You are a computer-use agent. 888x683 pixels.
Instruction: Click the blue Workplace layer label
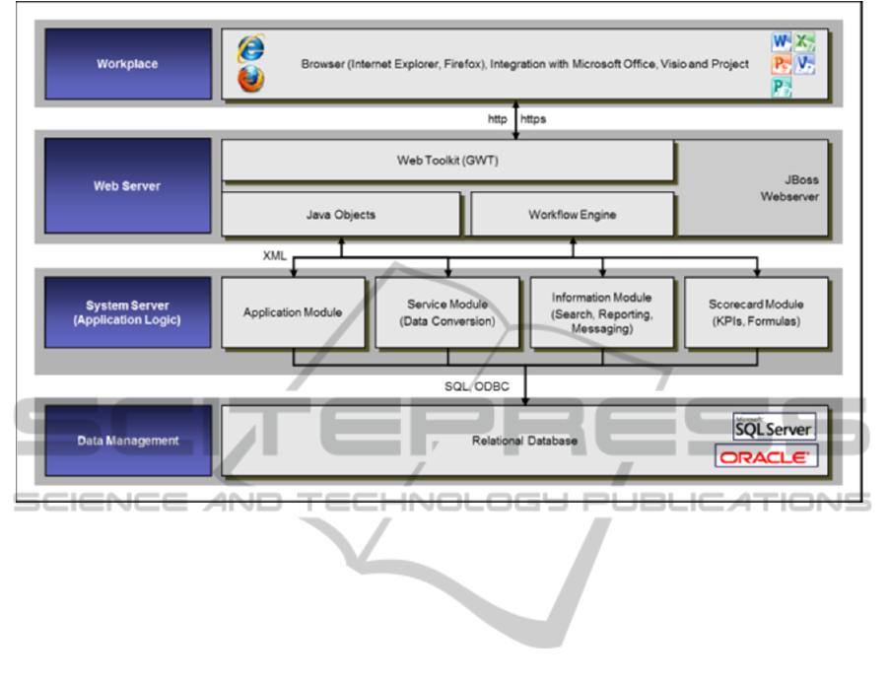click(x=127, y=64)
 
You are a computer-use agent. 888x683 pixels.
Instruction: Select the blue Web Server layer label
click(x=127, y=185)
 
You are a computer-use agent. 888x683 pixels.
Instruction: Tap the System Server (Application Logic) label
click(x=127, y=312)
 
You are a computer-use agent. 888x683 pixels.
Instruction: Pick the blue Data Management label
click(x=127, y=441)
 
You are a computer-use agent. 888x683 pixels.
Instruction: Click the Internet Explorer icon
click(x=251, y=47)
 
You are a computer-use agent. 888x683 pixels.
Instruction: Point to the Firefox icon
click(x=251, y=80)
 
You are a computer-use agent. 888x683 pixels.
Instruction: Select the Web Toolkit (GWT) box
click(x=447, y=160)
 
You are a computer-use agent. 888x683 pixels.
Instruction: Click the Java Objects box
click(x=340, y=214)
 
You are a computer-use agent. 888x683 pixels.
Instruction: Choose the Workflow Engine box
click(x=572, y=214)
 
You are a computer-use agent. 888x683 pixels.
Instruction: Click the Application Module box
click(x=293, y=312)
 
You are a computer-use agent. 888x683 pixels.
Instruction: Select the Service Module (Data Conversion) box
click(x=446, y=312)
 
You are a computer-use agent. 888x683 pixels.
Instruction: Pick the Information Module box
click(x=601, y=312)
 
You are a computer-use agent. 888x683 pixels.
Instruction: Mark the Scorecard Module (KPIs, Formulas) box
click(x=756, y=312)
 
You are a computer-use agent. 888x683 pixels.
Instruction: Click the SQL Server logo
click(x=775, y=427)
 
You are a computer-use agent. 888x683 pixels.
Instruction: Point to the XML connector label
click(x=274, y=255)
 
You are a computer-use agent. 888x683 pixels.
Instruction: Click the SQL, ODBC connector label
click(x=476, y=386)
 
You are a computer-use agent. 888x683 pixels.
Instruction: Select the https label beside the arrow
click(x=533, y=119)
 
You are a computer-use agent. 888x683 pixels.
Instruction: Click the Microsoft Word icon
click(x=782, y=42)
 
